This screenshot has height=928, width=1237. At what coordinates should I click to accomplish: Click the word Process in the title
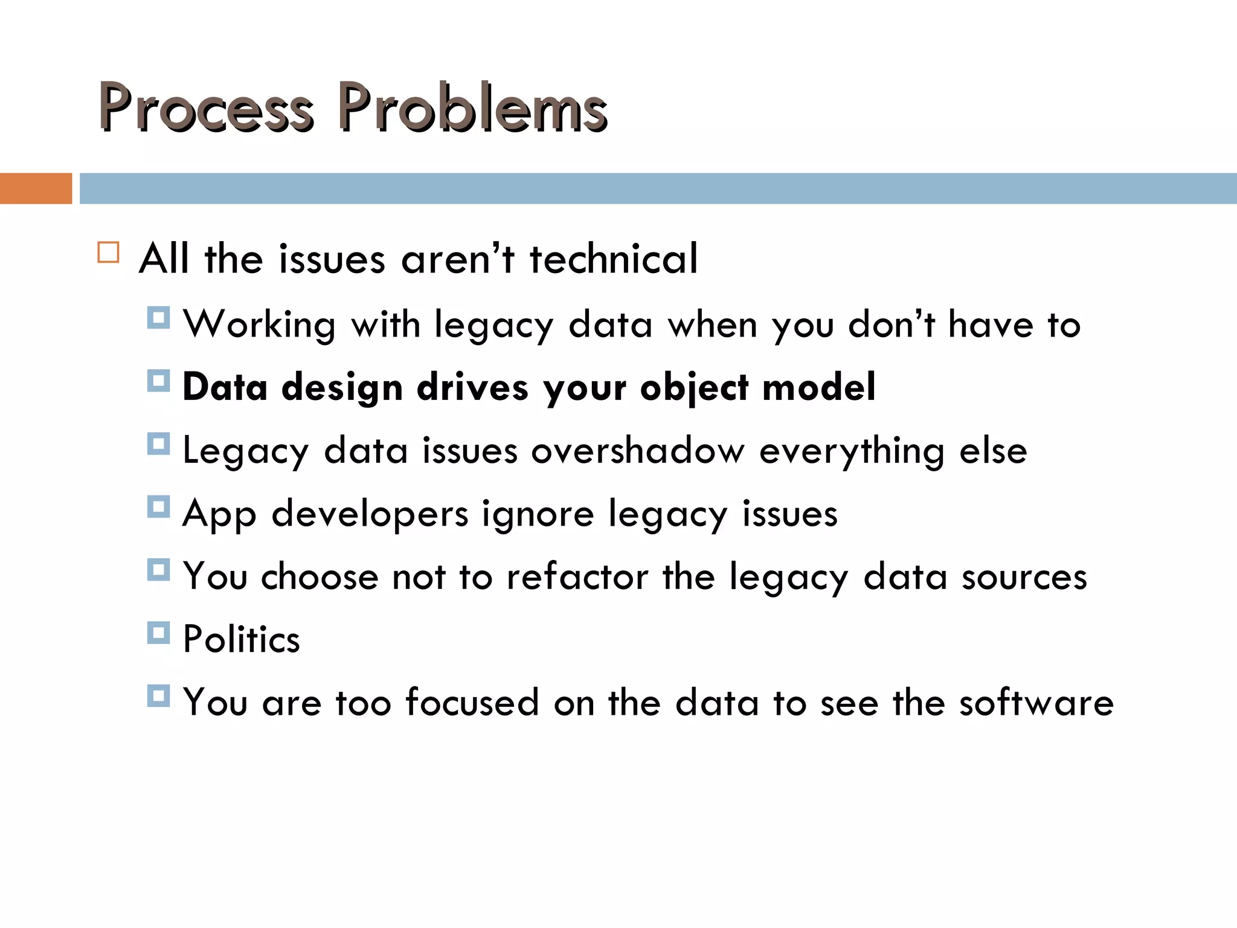pos(205,108)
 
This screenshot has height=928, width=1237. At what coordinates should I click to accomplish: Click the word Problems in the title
pos(472,108)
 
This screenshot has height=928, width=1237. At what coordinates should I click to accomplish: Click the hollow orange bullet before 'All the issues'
pos(108,252)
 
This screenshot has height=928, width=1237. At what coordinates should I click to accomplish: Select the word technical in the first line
pos(613,259)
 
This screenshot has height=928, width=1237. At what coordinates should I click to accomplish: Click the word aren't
pos(457,259)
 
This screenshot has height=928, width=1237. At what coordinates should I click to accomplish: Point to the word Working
pos(259,325)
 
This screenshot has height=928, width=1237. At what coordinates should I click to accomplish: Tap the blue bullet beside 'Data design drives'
pos(158,381)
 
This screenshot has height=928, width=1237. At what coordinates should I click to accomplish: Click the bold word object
pos(694,388)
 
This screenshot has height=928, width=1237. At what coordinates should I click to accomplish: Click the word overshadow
pos(637,451)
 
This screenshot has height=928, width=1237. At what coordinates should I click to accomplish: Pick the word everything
pos(852,452)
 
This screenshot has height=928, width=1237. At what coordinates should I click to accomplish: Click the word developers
pos(370,515)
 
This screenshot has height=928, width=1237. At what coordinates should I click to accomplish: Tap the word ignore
pos(538,515)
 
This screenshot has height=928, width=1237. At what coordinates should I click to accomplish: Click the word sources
pos(1024,578)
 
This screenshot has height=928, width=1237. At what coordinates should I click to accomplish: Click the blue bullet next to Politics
pos(158,633)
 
